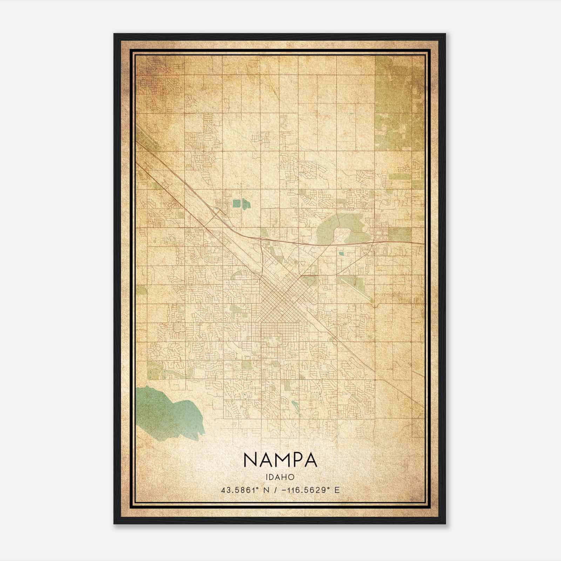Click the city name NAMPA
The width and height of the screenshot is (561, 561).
click(280, 460)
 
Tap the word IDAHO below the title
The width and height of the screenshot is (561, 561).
click(280, 477)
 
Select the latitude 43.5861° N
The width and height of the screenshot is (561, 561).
click(245, 490)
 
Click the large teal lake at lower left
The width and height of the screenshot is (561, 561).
click(165, 414)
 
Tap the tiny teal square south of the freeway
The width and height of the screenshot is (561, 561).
click(342, 252)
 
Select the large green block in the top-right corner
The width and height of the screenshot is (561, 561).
click(394, 102)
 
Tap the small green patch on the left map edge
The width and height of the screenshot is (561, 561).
click(142, 290)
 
